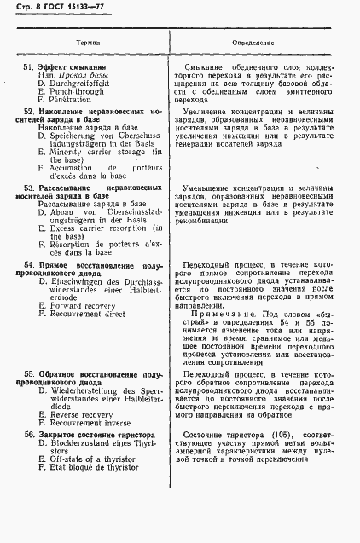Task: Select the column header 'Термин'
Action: [x=88, y=41]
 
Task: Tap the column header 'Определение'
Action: [x=253, y=41]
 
